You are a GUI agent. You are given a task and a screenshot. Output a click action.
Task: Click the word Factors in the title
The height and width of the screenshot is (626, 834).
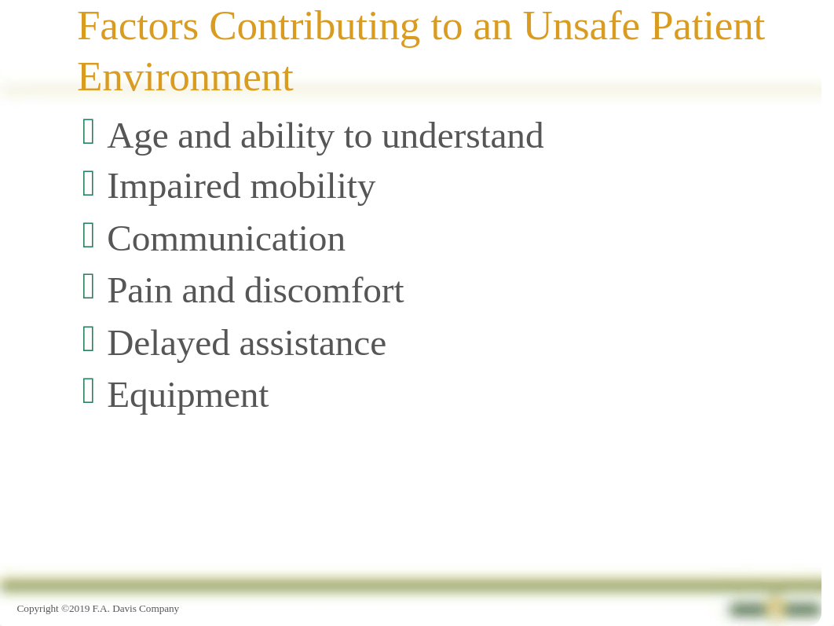pos(138,27)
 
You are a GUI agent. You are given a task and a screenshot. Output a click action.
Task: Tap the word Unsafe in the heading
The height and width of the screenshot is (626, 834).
pos(581,27)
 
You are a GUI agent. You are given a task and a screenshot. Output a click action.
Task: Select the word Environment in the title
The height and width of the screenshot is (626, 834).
pos(185,78)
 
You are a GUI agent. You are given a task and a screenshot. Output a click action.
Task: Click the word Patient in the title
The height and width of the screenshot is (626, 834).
pos(708,27)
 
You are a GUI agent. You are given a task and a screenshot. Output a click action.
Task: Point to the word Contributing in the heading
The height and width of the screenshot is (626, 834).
pos(315,27)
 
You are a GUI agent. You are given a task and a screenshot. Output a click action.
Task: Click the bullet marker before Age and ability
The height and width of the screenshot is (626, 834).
pos(89,131)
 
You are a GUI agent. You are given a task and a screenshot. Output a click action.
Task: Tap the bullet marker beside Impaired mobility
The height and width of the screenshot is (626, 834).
pos(89,184)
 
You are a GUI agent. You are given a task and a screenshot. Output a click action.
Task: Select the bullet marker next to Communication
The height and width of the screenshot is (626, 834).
pos(89,235)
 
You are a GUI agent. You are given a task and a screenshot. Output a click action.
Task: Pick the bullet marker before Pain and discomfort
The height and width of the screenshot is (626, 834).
pos(89,287)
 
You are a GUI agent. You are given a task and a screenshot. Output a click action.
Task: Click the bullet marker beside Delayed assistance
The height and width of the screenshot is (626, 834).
pos(89,339)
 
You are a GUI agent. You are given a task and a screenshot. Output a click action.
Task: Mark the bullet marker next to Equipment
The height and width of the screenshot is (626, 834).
pos(89,391)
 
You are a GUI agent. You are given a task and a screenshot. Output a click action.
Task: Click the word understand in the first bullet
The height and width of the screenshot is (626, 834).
pos(463,136)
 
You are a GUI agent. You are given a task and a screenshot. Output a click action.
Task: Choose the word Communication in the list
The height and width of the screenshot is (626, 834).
pos(227,240)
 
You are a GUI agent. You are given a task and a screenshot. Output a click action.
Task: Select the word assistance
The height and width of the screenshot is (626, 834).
pos(313,344)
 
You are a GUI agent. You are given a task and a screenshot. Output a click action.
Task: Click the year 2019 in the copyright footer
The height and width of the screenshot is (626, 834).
pos(80,609)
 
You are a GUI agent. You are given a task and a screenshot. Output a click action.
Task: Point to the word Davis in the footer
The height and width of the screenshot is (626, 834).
pos(124,609)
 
